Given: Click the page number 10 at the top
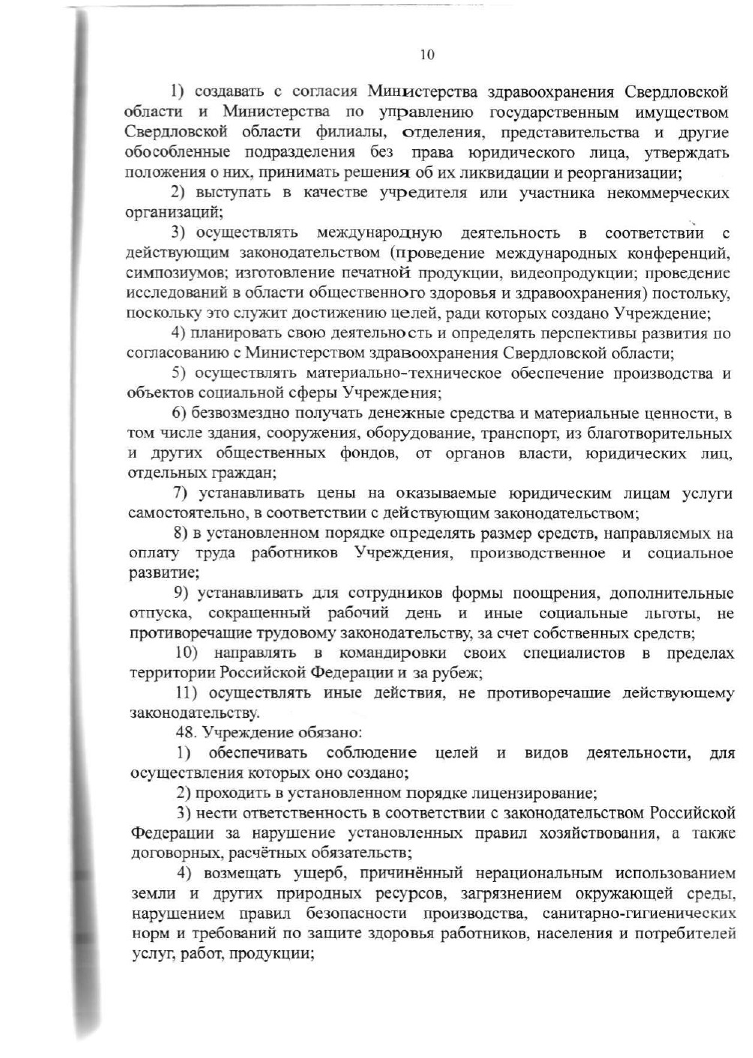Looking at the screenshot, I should point(427,55).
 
